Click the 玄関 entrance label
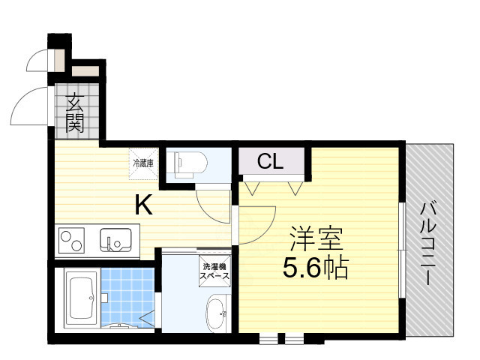pyautogui.click(x=75, y=112)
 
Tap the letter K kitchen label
pyautogui.click(x=145, y=204)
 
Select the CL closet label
pyautogui.click(x=271, y=161)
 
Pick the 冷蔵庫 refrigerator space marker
pyautogui.click(x=143, y=163)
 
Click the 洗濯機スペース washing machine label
pyautogui.click(x=214, y=271)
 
